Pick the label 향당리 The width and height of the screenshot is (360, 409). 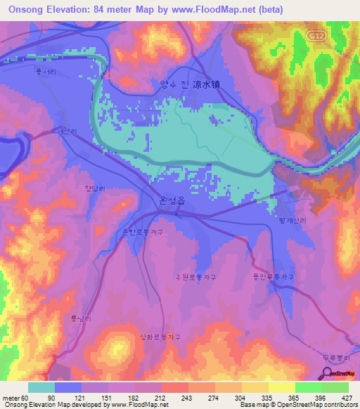tap(94, 187)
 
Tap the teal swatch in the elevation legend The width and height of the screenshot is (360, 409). tap(41, 387)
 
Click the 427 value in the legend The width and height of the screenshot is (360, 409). tap(347, 398)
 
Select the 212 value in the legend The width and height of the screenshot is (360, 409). tap(160, 398)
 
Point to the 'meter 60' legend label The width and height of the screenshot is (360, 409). tap(16, 398)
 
